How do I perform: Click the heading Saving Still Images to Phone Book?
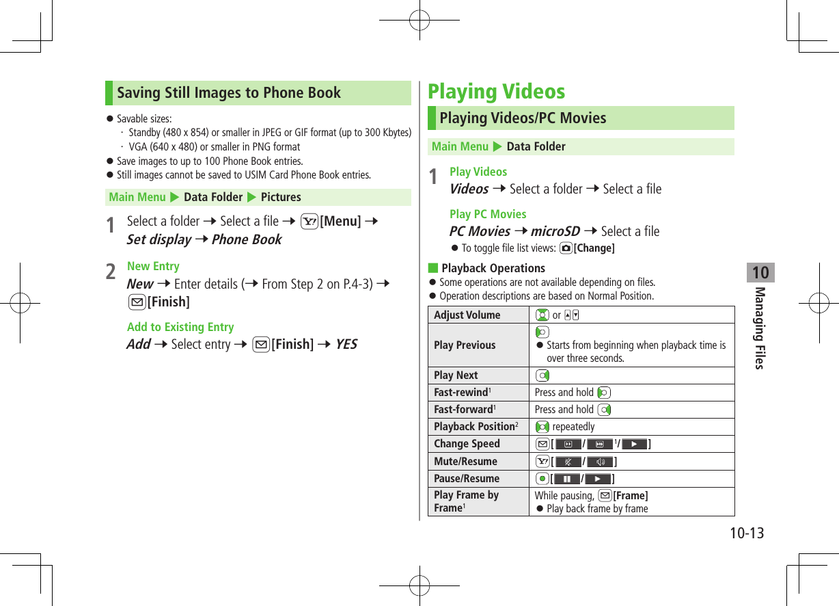click(x=228, y=93)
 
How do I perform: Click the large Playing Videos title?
click(x=496, y=91)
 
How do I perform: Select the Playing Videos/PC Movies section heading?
click(x=523, y=118)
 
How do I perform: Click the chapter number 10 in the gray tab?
click(x=760, y=274)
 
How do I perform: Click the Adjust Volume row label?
click(x=467, y=315)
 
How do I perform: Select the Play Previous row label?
click(x=465, y=345)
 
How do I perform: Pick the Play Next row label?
click(x=456, y=376)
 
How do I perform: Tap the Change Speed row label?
click(x=467, y=444)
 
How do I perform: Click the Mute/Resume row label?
click(x=465, y=462)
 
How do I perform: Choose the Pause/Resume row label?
click(x=467, y=479)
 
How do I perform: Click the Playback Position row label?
click(x=475, y=427)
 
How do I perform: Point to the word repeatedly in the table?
click(x=573, y=427)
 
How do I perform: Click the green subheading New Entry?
click(x=153, y=267)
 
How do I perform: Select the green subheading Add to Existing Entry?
click(x=180, y=328)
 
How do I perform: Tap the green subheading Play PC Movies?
click(x=488, y=215)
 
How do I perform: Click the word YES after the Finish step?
click(x=346, y=344)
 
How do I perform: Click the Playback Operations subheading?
click(x=493, y=269)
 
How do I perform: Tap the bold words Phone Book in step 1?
click(x=247, y=240)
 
